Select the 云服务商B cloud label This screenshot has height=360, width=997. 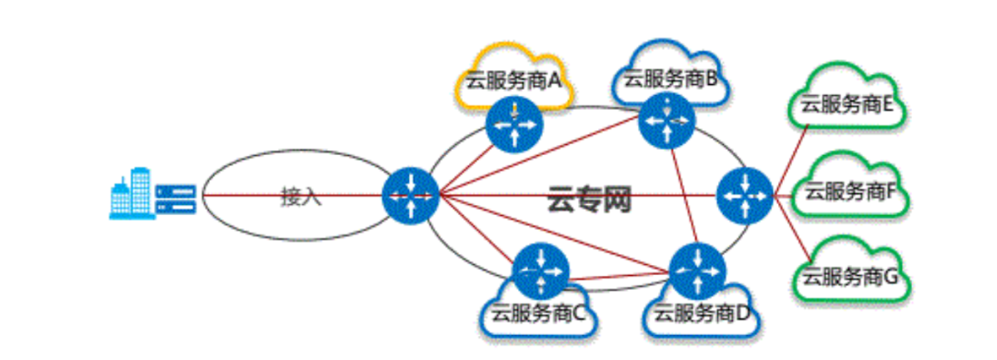(x=670, y=78)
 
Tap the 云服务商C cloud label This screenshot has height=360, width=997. (x=537, y=313)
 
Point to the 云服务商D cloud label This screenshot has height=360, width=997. (x=703, y=313)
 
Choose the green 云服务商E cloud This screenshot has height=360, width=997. (x=847, y=95)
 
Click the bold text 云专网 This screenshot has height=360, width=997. (x=589, y=199)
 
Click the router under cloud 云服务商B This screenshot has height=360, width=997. (x=667, y=120)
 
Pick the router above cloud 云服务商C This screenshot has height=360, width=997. (x=541, y=271)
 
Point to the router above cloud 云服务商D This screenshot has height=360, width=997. (x=698, y=271)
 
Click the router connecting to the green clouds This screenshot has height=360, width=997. (x=745, y=196)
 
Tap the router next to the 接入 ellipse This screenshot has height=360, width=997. (x=411, y=196)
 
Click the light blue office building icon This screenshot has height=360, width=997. (x=132, y=193)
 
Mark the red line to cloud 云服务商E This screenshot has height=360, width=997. (x=790, y=161)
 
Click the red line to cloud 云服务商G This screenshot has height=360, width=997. (x=792, y=229)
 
